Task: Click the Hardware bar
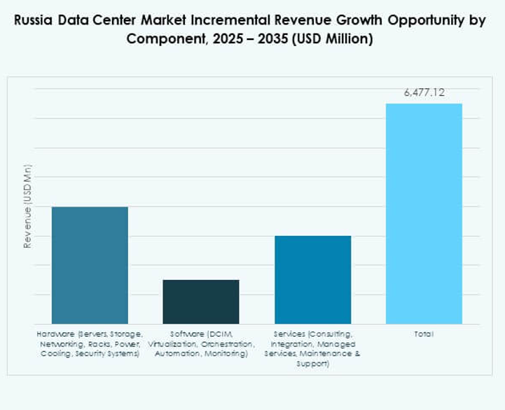coord(90,265)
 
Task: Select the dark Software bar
coord(201,302)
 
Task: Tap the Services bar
coord(312,280)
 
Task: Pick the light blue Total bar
coord(424,213)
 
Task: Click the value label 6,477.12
coord(424,92)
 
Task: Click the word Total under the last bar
coord(424,334)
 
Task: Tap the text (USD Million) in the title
coord(333,38)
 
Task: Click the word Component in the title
coord(160,38)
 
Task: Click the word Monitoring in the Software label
coord(226,354)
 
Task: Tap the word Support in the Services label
coord(312,364)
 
